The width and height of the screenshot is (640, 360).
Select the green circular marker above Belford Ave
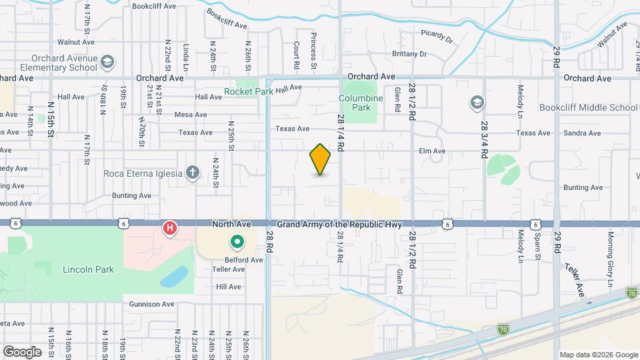(237, 243)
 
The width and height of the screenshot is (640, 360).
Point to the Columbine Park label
(361, 103)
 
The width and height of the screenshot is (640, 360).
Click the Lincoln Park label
(89, 270)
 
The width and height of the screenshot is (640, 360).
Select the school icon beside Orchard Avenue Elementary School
(107, 63)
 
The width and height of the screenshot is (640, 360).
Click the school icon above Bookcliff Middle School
(477, 102)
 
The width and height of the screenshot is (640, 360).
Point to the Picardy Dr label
(437, 36)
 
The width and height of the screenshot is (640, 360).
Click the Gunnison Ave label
(149, 304)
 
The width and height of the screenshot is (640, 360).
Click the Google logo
(22, 351)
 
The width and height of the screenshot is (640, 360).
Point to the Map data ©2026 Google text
(598, 355)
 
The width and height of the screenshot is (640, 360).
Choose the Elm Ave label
(431, 151)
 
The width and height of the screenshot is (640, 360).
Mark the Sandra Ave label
(582, 133)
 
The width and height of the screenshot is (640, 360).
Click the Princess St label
(313, 53)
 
